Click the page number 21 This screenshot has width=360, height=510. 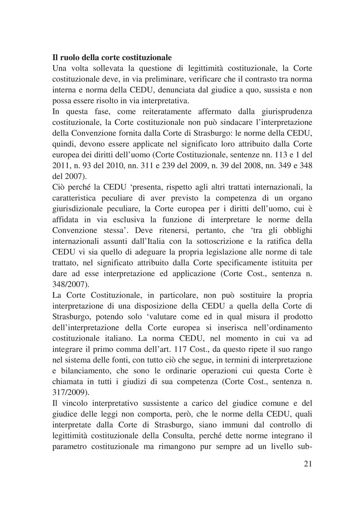(308, 464)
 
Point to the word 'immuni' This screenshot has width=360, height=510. (229, 424)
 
